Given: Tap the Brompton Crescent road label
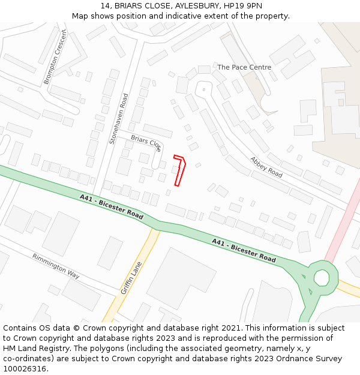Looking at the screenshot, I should (55, 56).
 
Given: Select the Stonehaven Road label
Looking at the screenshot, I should (119, 118).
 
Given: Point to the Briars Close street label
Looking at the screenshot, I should (146, 143).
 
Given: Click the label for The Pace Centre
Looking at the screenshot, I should (244, 67).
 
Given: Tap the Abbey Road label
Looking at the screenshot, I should (266, 167).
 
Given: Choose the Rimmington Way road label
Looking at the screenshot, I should (56, 266).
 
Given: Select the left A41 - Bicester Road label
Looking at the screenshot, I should (112, 206).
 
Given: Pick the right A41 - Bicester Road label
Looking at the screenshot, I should (244, 250).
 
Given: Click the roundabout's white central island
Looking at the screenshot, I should (322, 278).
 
